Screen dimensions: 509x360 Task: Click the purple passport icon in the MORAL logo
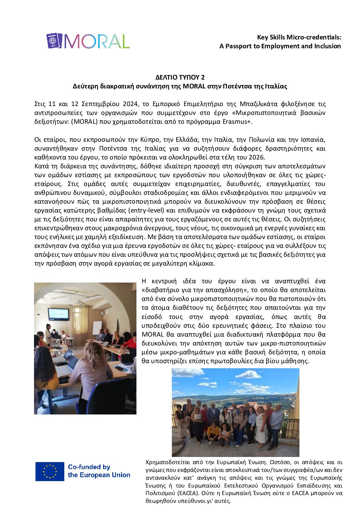point(54,41)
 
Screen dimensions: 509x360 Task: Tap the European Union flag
point(50,471)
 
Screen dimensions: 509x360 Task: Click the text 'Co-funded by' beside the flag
point(89,467)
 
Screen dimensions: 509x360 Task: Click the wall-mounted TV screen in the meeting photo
point(58,314)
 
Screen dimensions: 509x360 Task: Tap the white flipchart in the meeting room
point(97,328)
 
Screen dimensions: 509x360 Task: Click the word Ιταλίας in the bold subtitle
point(276,86)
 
